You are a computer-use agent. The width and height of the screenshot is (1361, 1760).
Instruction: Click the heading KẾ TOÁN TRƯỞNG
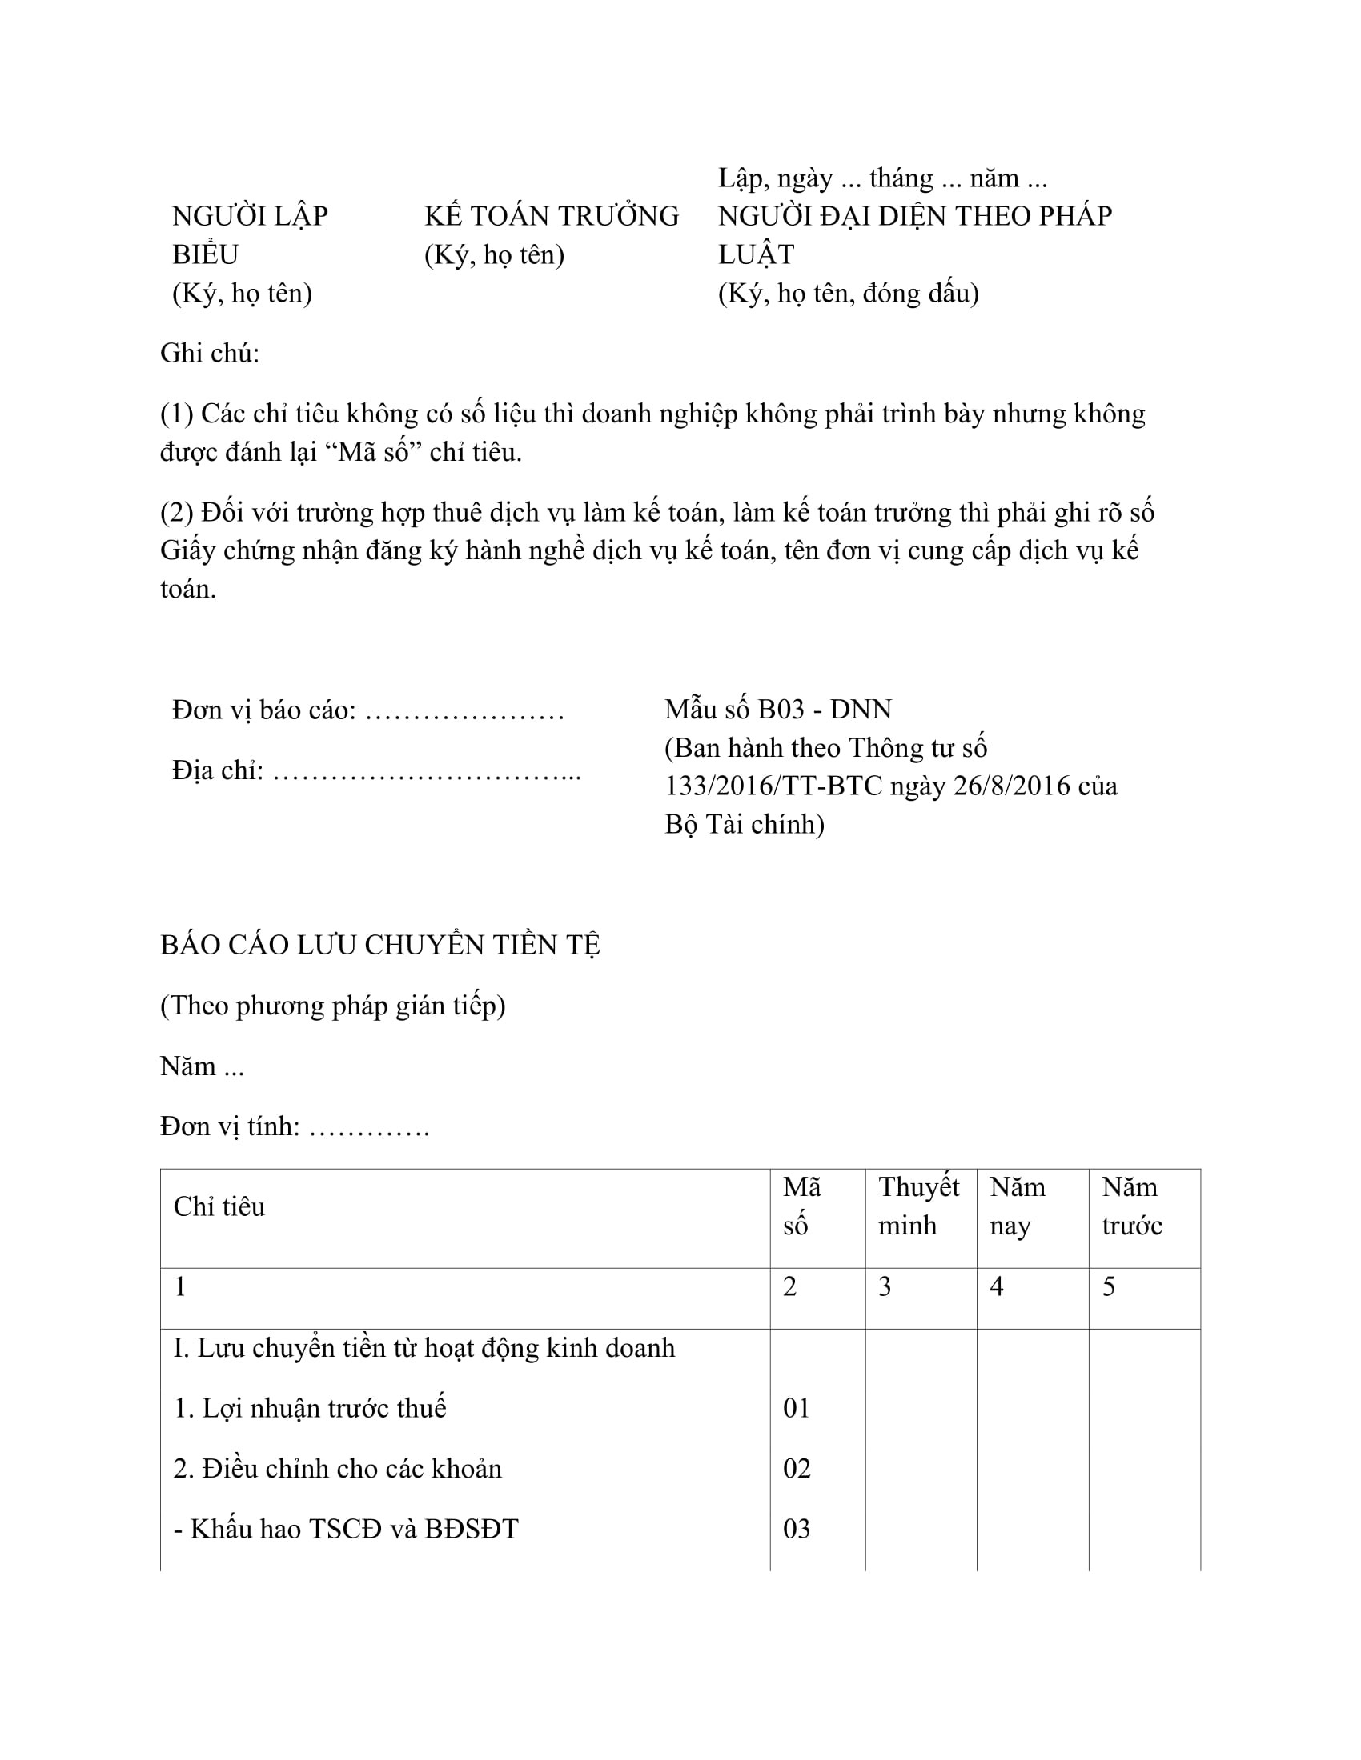[552, 216]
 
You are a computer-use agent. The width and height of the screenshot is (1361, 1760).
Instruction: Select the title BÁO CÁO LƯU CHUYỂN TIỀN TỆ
[380, 945]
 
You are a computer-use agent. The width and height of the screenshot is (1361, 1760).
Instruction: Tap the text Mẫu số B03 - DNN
[778, 709]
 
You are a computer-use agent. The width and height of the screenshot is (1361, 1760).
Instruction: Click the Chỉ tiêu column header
[219, 1206]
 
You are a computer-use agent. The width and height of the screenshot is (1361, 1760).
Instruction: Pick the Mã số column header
[801, 1206]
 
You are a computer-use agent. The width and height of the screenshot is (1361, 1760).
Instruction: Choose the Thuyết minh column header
[918, 1206]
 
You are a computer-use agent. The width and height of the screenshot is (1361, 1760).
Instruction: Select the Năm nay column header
[1017, 1206]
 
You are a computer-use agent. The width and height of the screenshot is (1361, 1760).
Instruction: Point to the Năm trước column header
[1131, 1206]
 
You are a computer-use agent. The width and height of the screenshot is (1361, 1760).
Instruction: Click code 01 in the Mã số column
[797, 1408]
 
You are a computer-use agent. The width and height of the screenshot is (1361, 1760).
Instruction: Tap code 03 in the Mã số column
[797, 1529]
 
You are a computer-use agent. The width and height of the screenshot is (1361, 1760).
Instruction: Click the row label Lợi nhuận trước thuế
[310, 1408]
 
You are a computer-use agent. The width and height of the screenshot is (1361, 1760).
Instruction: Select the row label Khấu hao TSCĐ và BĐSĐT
[346, 1529]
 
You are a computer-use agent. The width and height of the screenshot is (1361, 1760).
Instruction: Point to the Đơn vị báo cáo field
[367, 710]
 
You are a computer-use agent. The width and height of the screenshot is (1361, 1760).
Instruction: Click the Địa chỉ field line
[375, 771]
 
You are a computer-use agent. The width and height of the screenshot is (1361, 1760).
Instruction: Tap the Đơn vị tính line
[295, 1126]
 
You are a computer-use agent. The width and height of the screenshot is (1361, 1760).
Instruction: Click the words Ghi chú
[210, 353]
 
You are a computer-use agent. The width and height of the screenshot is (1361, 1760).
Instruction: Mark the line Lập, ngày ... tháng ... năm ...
[882, 178]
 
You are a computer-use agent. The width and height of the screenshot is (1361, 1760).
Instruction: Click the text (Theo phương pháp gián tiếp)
[333, 1006]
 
